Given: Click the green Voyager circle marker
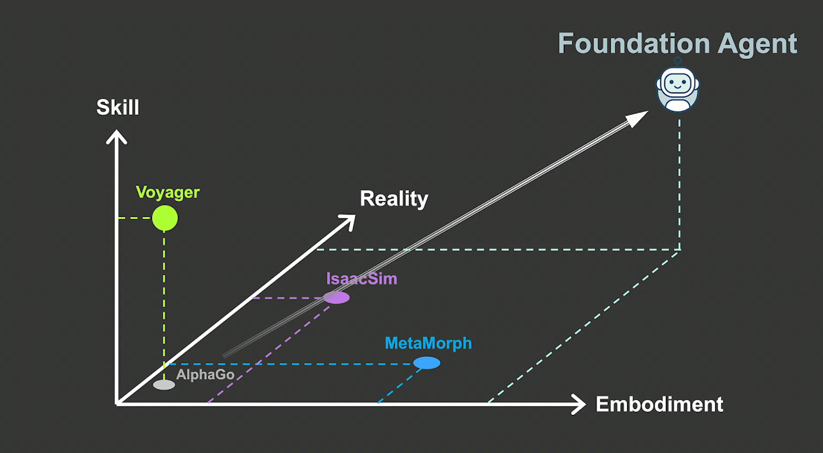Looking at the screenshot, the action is point(165,218).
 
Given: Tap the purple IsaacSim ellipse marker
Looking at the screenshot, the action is point(337,297).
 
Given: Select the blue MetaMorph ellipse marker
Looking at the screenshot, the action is point(427,363).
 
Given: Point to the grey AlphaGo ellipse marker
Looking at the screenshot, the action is point(164,384).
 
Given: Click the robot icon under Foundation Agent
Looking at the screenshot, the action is point(677,87).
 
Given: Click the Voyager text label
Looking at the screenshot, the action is point(168,192).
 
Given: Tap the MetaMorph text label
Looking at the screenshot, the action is point(428,343).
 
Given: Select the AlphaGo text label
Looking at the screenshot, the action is point(206,375).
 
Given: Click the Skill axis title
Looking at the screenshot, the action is point(118,107).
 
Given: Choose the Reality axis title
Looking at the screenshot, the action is point(393,199).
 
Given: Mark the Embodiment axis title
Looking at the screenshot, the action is point(659,405).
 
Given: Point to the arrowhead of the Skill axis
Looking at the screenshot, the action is point(115,136).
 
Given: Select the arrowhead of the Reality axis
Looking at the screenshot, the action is point(347,220).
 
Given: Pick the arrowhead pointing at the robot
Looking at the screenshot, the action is point(638,118).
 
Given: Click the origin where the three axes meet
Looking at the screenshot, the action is point(116,403).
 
